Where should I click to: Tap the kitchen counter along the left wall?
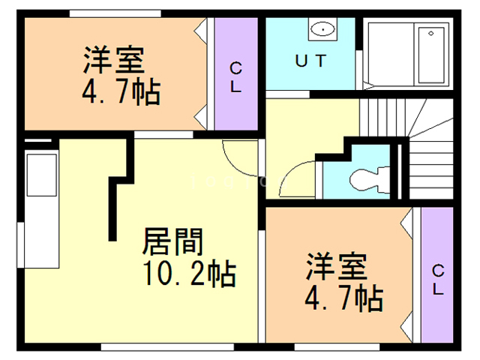click(x=38, y=209)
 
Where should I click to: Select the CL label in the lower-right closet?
click(x=438, y=278)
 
